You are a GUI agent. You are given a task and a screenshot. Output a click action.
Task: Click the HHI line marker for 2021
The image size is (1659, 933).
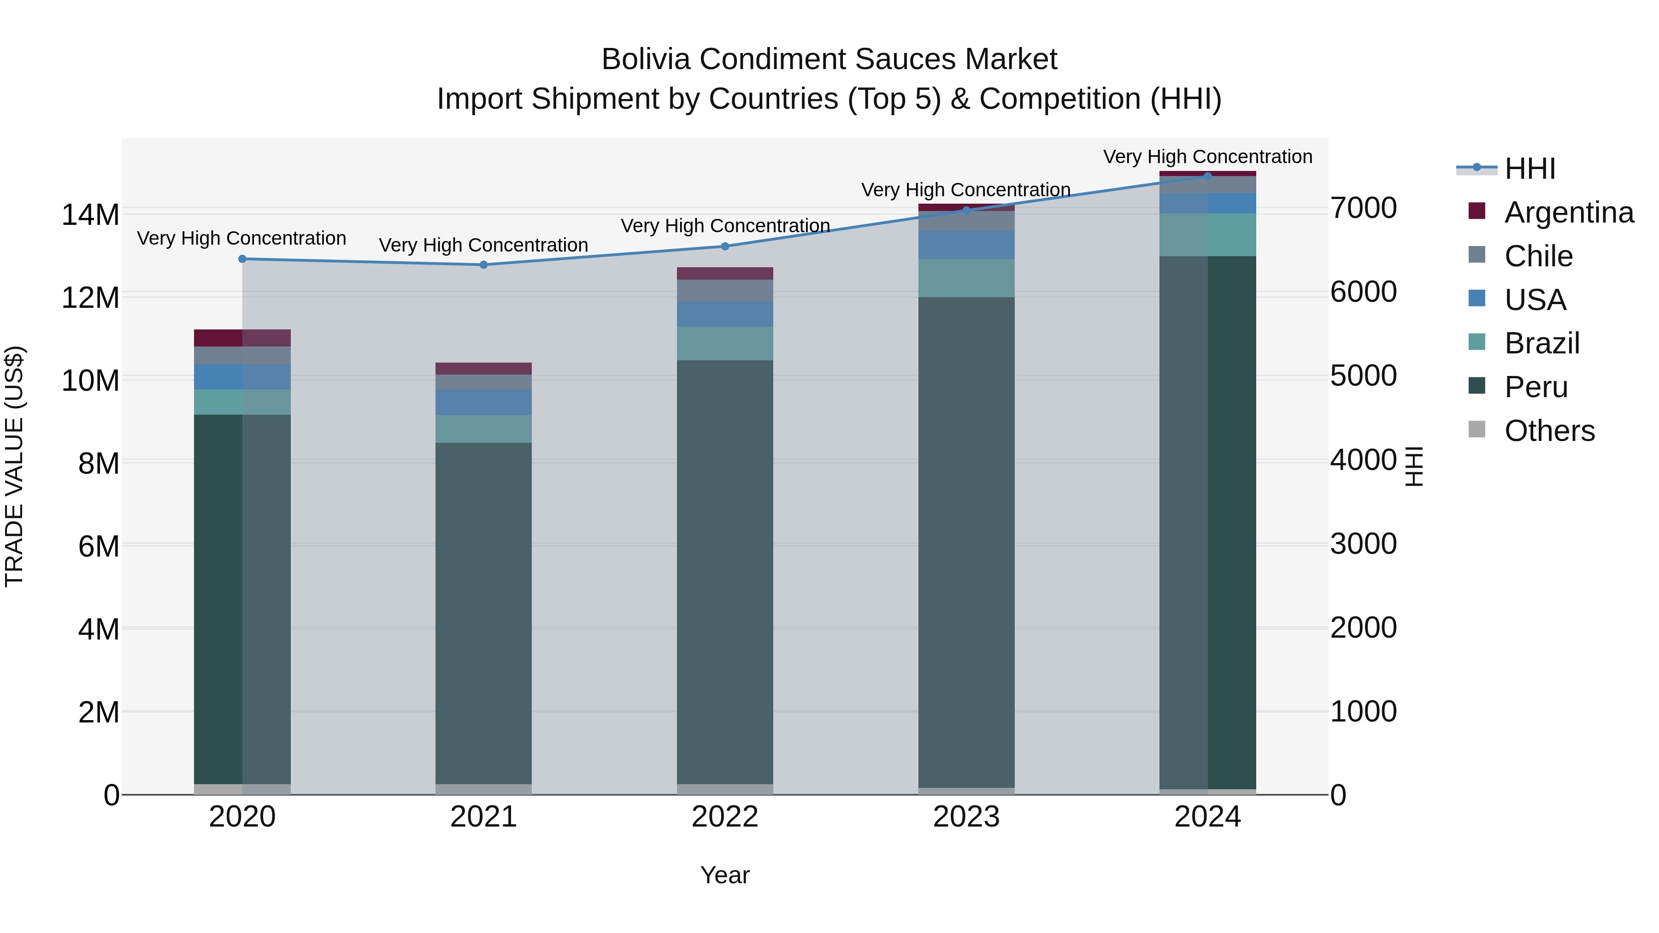484,264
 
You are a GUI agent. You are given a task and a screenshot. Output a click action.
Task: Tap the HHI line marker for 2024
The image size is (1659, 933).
1207,176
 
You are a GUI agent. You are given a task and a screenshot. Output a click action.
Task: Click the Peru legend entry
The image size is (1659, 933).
1535,387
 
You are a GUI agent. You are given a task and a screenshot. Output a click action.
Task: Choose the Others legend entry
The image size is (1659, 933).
1549,431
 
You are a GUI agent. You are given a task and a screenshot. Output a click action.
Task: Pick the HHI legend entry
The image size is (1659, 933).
1529,169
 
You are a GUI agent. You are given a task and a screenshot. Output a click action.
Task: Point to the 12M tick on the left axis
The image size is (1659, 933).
90,298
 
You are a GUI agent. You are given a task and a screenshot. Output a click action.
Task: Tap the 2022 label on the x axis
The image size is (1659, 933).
724,817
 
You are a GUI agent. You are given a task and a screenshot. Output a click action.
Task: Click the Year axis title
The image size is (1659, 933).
724,875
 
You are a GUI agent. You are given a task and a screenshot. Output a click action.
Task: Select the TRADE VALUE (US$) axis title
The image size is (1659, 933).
14,466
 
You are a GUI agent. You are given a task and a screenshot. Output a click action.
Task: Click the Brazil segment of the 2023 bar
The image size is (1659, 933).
966,278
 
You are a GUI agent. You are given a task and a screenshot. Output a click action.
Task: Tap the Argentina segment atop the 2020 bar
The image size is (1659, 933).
242,338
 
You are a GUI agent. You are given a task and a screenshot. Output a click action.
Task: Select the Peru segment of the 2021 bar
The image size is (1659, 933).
484,612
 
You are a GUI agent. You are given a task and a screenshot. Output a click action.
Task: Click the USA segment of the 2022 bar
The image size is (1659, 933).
724,314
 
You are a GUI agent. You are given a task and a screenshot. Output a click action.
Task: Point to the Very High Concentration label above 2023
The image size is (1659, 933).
965,190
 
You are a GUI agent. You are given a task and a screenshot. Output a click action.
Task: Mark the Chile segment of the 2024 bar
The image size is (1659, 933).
1207,185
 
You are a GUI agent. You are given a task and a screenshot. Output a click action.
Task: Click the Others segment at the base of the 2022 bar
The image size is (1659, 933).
724,789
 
